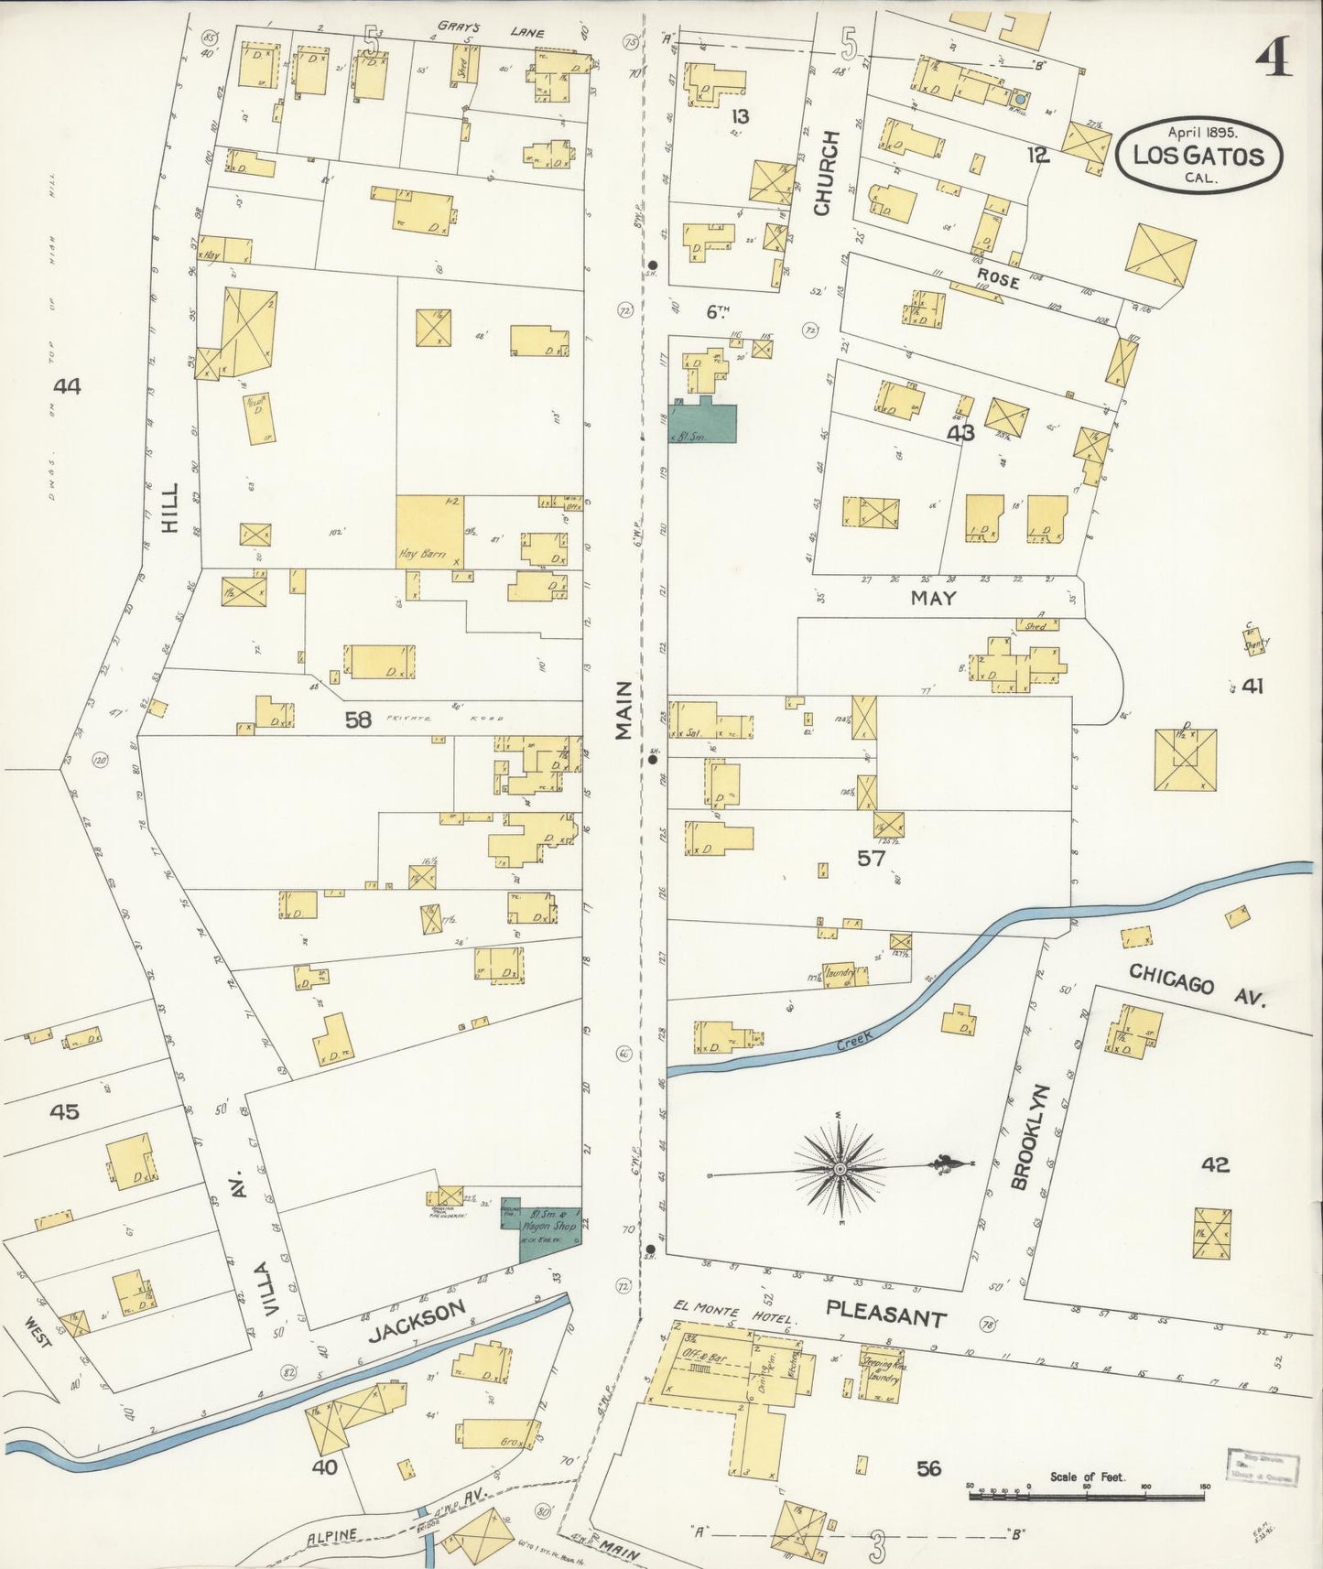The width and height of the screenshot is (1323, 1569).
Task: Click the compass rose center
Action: click(x=839, y=1169)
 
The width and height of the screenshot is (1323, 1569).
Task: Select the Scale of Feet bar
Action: click(x=1087, y=1497)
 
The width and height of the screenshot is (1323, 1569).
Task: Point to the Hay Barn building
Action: click(x=429, y=532)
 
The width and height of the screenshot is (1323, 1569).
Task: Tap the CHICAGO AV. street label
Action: click(x=1196, y=985)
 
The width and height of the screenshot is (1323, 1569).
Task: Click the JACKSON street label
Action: click(x=418, y=1321)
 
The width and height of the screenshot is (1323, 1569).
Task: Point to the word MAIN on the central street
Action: click(x=624, y=710)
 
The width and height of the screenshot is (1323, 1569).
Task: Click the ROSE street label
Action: click(x=997, y=278)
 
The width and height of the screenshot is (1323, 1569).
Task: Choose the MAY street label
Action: click(x=933, y=598)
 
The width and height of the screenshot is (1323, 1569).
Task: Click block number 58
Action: click(x=358, y=720)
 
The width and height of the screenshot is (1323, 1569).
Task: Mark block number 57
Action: click(x=872, y=858)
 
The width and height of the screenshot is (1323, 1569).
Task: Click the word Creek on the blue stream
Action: click(x=855, y=1040)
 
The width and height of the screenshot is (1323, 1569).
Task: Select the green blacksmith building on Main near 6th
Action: click(x=703, y=422)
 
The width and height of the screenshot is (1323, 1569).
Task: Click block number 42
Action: click(x=1215, y=1164)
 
